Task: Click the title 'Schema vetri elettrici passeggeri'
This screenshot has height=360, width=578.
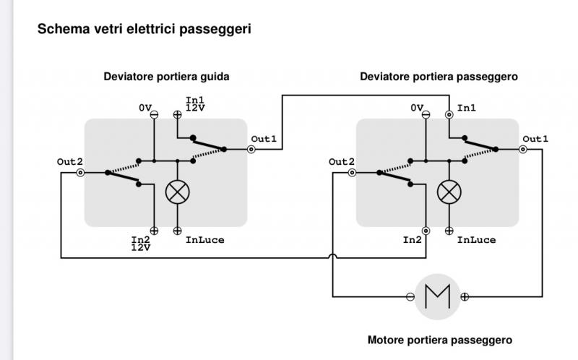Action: click(144, 30)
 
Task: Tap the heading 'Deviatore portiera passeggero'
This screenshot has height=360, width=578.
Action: click(439, 76)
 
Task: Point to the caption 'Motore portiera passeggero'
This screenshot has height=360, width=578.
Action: click(440, 340)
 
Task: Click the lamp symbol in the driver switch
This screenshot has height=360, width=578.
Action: click(177, 192)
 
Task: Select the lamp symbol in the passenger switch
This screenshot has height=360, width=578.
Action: click(449, 192)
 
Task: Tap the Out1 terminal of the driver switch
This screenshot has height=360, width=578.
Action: click(251, 150)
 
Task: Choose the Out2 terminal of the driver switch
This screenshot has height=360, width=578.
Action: click(80, 173)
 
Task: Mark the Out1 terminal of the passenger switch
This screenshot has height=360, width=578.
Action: click(523, 150)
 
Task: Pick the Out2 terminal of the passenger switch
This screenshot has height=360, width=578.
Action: click(352, 173)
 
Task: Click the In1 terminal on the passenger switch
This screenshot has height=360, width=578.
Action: click(449, 114)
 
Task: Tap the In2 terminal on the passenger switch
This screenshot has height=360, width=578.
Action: click(426, 231)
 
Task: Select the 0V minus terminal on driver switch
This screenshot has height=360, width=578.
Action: click(154, 114)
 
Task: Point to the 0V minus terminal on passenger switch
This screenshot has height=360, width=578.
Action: click(426, 114)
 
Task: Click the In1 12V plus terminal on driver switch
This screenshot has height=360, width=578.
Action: click(177, 114)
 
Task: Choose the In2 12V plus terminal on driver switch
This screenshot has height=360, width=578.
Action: click(154, 231)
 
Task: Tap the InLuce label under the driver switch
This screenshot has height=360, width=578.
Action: click(204, 240)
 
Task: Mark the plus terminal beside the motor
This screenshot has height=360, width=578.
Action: click(465, 296)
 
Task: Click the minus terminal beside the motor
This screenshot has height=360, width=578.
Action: click(410, 296)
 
